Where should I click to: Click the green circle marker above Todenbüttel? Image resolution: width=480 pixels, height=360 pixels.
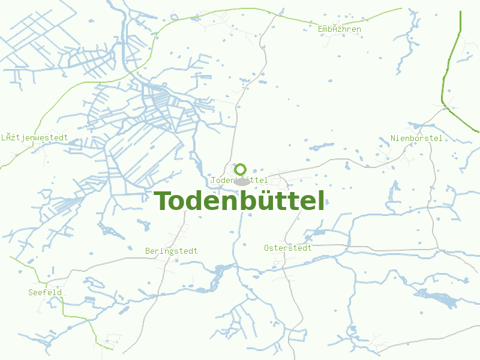coord(241,169)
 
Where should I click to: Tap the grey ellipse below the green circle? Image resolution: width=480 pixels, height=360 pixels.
coord(241,181)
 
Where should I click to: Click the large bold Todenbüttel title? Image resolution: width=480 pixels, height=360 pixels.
coord(239,201)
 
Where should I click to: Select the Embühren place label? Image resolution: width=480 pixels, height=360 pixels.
coord(339,29)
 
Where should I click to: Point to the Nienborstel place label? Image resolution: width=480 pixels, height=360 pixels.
coord(416,139)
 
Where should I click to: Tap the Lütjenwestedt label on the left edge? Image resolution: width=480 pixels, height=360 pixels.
coord(34,137)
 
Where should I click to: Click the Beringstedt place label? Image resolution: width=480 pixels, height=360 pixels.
coord(171,251)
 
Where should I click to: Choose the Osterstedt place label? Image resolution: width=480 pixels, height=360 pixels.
coord(288,248)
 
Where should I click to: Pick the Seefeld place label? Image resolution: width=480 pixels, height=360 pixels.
coord(45,292)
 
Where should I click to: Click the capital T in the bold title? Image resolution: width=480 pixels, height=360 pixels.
coord(163,201)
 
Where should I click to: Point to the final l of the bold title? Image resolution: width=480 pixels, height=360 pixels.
coord(321,201)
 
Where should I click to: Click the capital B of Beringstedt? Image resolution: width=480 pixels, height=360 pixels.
coord(148,251)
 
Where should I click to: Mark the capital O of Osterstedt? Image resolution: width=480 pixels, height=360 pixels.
coord(266,248)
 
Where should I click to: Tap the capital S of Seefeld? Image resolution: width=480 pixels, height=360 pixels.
coord(31,292)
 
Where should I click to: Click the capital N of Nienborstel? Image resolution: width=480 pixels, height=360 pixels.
coord(394,139)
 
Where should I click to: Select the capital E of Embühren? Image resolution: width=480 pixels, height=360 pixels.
coord(320,29)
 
